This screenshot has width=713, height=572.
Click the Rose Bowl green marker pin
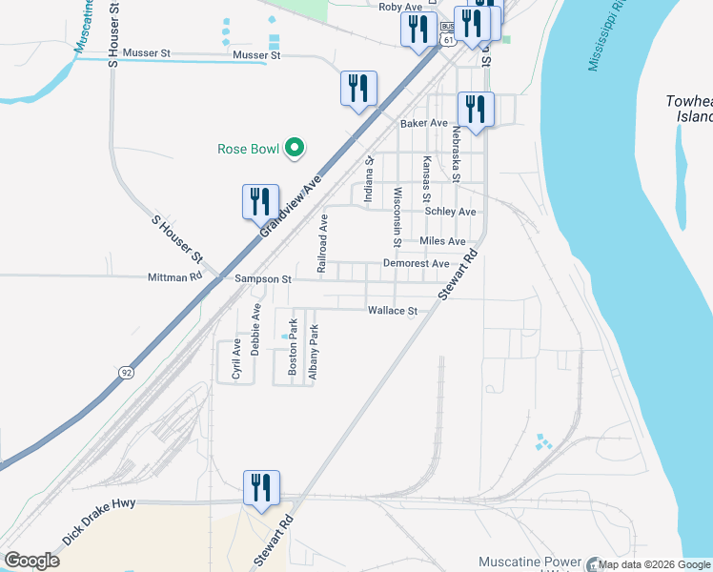295,148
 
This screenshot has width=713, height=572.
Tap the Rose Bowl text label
248,149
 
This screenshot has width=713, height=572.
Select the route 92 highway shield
126,372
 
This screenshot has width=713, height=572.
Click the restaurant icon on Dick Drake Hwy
261,488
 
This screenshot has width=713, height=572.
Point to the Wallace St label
393,311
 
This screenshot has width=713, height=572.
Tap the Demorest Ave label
416,263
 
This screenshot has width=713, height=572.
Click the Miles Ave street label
442,241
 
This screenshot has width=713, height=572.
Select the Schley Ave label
450,212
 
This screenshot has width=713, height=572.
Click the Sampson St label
262,279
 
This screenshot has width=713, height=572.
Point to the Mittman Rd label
175,277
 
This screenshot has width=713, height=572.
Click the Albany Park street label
313,353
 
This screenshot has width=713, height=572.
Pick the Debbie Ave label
255,330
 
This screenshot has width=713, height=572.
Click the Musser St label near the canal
256,55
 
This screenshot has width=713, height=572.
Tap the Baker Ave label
424,124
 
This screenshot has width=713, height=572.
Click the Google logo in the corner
31,561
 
